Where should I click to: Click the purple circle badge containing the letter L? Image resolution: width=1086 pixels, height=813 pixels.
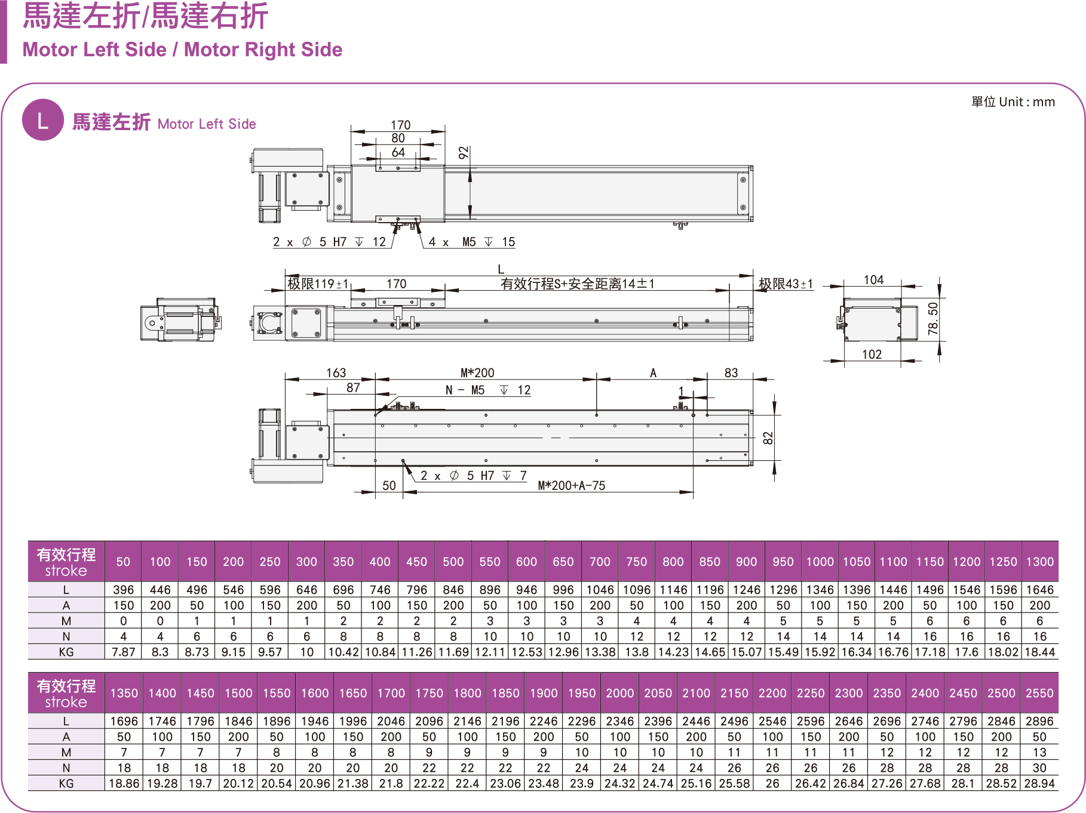click(43, 120)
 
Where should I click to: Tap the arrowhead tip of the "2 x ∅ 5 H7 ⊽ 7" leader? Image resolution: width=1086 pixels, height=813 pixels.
click(403, 460)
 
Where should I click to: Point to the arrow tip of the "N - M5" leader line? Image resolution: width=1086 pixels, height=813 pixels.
click(376, 415)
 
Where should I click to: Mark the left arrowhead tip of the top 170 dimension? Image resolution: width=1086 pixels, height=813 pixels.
click(351, 131)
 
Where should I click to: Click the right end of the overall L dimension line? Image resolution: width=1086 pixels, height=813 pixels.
click(753, 276)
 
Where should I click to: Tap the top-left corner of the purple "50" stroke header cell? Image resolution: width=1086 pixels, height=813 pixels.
click(105, 541)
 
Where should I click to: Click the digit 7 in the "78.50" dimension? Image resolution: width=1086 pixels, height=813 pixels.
click(933, 330)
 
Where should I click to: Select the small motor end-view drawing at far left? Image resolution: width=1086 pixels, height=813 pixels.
click(180, 320)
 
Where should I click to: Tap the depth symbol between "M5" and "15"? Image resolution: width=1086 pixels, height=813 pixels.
click(489, 242)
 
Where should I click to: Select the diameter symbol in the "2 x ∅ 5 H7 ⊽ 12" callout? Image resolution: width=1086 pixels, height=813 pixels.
click(307, 242)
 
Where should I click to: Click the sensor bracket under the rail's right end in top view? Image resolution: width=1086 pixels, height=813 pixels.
click(680, 225)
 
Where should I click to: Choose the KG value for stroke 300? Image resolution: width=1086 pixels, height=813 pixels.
click(307, 652)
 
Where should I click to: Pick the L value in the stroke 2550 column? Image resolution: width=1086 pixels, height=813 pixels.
click(1039, 721)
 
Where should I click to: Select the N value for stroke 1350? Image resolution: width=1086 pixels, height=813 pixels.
click(124, 768)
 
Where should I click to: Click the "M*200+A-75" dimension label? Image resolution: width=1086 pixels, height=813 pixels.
click(572, 485)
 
